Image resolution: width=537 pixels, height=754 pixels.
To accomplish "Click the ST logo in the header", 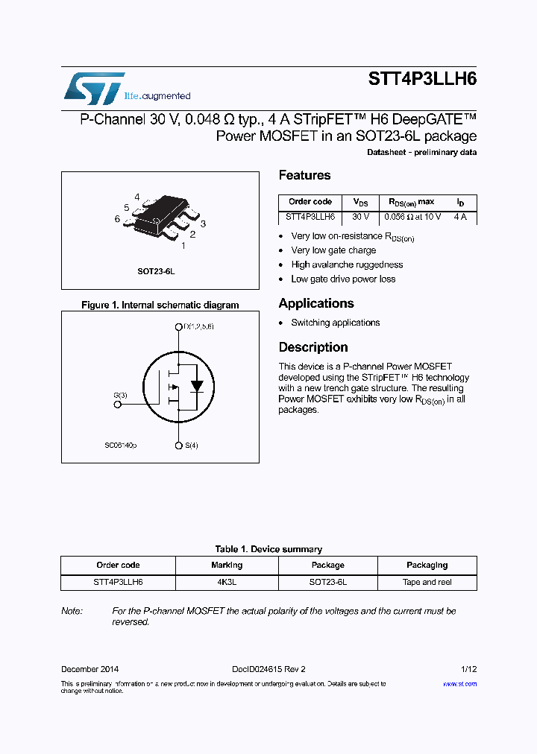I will pyautogui.click(x=93, y=89).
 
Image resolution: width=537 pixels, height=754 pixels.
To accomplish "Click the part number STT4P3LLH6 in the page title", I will pyautogui.click(x=422, y=80).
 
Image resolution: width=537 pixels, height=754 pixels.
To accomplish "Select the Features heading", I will pyautogui.click(x=304, y=176).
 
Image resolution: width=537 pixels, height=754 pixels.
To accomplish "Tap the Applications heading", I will pyautogui.click(x=315, y=303).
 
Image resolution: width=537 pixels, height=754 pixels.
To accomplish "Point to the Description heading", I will pyautogui.click(x=313, y=347).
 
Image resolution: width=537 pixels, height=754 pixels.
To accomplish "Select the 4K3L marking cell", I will pyautogui.click(x=227, y=583).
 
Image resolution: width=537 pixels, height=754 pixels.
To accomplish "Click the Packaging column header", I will pyautogui.click(x=427, y=565).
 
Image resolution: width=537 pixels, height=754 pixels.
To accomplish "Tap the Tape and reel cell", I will pyautogui.click(x=427, y=583).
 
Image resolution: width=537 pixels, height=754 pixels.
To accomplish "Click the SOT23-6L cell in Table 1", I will pyautogui.click(x=327, y=583).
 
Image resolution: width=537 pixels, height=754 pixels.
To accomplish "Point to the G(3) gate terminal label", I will pyautogui.click(x=120, y=395).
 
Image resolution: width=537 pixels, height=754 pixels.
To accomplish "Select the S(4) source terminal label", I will pyautogui.click(x=191, y=446).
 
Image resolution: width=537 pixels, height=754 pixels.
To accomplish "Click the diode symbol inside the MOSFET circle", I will pyautogui.click(x=197, y=386).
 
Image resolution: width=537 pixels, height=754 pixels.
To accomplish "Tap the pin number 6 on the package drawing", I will pyautogui.click(x=118, y=219).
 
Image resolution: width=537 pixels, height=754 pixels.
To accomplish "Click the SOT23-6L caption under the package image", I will pyautogui.click(x=156, y=272).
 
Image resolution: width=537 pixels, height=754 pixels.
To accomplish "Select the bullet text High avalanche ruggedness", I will pyautogui.click(x=347, y=264).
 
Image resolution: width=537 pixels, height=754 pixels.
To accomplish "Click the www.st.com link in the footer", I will pyautogui.click(x=459, y=683).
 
